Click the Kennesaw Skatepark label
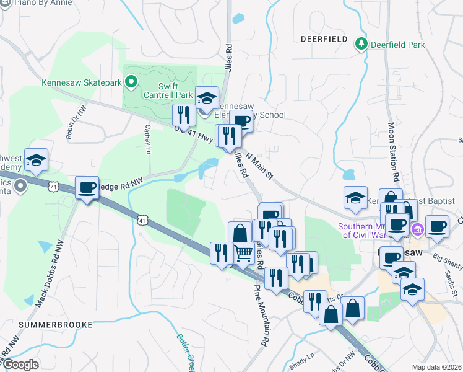point(81,82)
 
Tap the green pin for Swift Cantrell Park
point(131,81)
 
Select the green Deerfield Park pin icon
point(361,44)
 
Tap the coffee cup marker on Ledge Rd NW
point(87,187)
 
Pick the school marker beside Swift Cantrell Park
point(207,97)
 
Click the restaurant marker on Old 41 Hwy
point(184,114)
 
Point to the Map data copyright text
point(436,367)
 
